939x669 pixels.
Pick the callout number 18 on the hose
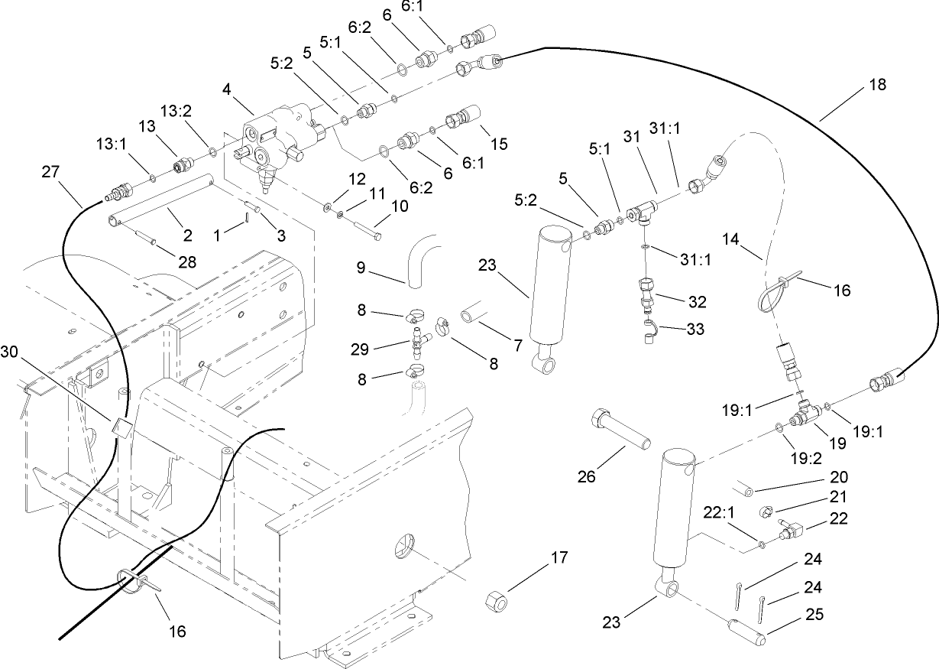(877, 85)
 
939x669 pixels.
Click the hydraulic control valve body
(279, 136)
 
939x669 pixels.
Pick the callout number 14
(752, 240)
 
